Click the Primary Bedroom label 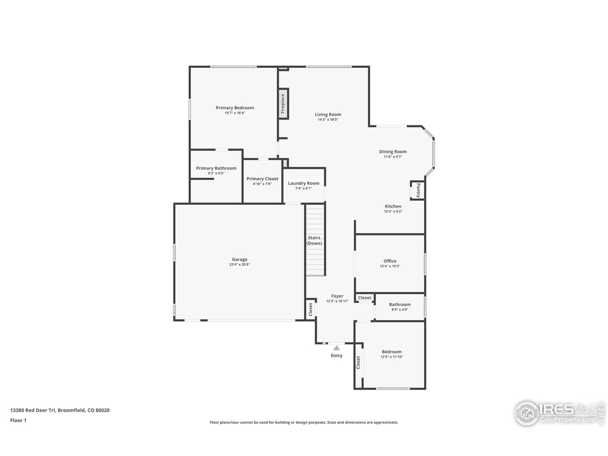coord(235,108)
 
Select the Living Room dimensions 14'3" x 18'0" coord(328,120)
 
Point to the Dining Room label coord(393,152)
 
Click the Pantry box coord(418,190)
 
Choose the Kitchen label coord(393,206)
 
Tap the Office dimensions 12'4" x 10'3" coord(390,266)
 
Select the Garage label coord(239,259)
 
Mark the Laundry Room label coord(304,183)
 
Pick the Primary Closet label coord(262,179)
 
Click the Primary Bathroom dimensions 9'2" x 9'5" coord(216,173)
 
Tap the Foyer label coord(337,296)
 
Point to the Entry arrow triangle coord(337,348)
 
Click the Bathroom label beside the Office coord(399,304)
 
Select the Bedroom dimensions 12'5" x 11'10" coord(392,357)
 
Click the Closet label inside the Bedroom coord(358,362)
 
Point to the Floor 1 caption coord(19,420)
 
